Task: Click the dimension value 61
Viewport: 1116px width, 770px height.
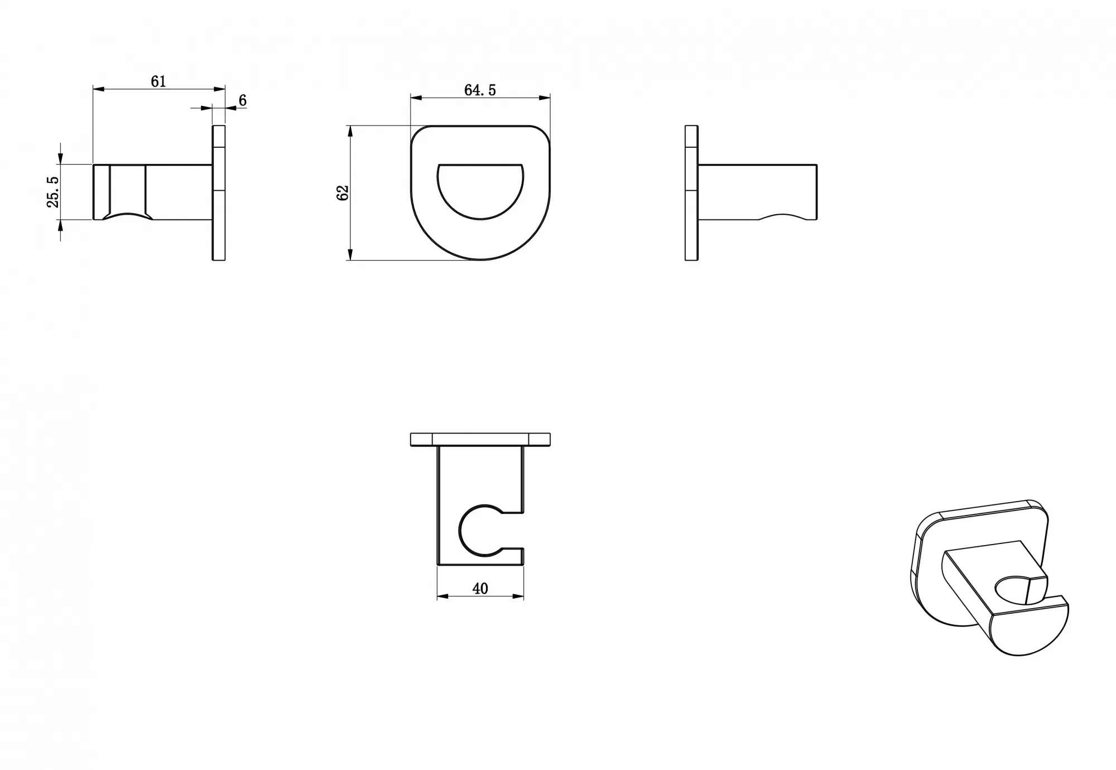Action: tap(158, 81)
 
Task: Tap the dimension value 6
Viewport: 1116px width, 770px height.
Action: tap(243, 100)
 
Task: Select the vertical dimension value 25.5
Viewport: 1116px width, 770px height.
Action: tap(53, 192)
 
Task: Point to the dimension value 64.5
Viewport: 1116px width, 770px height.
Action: tap(480, 90)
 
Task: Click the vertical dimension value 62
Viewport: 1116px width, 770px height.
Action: tap(343, 192)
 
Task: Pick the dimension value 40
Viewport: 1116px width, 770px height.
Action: tap(480, 589)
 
